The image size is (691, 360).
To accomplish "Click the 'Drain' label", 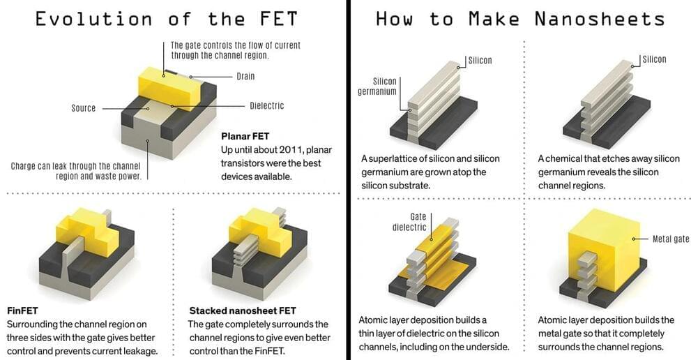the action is click(x=245, y=76).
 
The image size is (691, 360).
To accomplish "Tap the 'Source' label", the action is click(x=83, y=108).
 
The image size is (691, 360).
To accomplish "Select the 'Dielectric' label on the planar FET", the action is click(x=266, y=106).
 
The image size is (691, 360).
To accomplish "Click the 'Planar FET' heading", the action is click(x=245, y=136).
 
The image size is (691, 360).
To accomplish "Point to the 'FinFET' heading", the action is click(x=22, y=310).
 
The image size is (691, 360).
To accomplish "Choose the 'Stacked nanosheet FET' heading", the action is click(x=243, y=310).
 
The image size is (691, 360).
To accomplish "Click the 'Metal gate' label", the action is click(x=671, y=239).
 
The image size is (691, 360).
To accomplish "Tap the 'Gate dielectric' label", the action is click(x=409, y=222).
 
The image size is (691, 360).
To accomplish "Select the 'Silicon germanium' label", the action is click(x=377, y=86).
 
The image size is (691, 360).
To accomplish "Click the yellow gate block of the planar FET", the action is click(x=169, y=87).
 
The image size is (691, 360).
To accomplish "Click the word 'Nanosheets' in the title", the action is click(x=600, y=20).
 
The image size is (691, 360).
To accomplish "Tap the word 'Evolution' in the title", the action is click(x=94, y=20).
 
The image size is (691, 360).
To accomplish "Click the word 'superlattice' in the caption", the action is click(x=393, y=159).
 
